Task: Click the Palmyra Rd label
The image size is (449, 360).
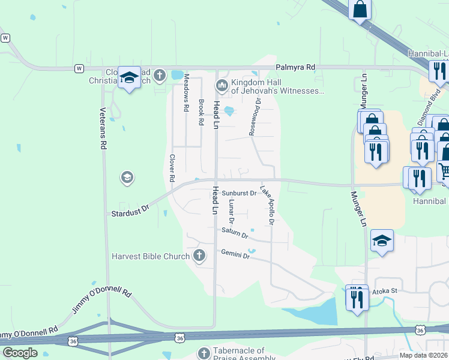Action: pyautogui.click(x=295, y=68)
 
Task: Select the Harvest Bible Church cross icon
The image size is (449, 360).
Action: pyautogui.click(x=199, y=257)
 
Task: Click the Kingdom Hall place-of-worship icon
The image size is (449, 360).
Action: pyautogui.click(x=221, y=86)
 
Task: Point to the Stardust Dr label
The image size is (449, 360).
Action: pyautogui.click(x=130, y=212)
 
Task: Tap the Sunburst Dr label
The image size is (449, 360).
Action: pyautogui.click(x=239, y=193)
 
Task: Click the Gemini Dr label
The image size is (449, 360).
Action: pyautogui.click(x=235, y=254)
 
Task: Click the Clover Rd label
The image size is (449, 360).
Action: pyautogui.click(x=172, y=169)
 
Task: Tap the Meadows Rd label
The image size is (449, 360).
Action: pyautogui.click(x=186, y=93)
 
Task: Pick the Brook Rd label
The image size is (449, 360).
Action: pyautogui.click(x=201, y=112)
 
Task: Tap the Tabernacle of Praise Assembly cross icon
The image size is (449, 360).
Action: pyautogui.click(x=203, y=353)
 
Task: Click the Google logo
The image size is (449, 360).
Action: pyautogui.click(x=20, y=353)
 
